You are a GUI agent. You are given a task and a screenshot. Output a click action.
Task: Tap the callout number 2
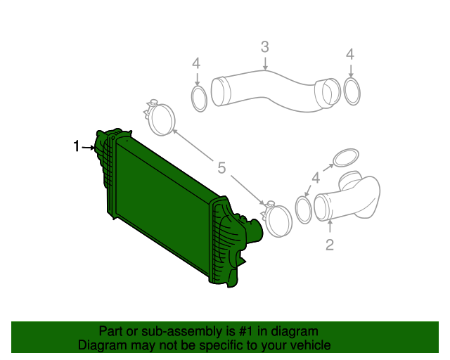tap(329, 245)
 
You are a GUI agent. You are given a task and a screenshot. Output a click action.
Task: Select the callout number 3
tap(265, 48)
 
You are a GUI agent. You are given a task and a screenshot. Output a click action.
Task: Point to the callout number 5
tap(221, 167)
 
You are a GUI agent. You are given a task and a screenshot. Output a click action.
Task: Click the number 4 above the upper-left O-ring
tap(197, 64)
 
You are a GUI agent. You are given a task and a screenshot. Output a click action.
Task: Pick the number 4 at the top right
tap(350, 54)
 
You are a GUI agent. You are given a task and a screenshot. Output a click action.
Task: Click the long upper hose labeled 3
tap(267, 88)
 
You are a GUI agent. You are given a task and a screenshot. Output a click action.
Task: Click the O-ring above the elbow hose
tap(345, 157)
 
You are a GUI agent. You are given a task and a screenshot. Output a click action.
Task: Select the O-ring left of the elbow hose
tap(304, 210)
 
